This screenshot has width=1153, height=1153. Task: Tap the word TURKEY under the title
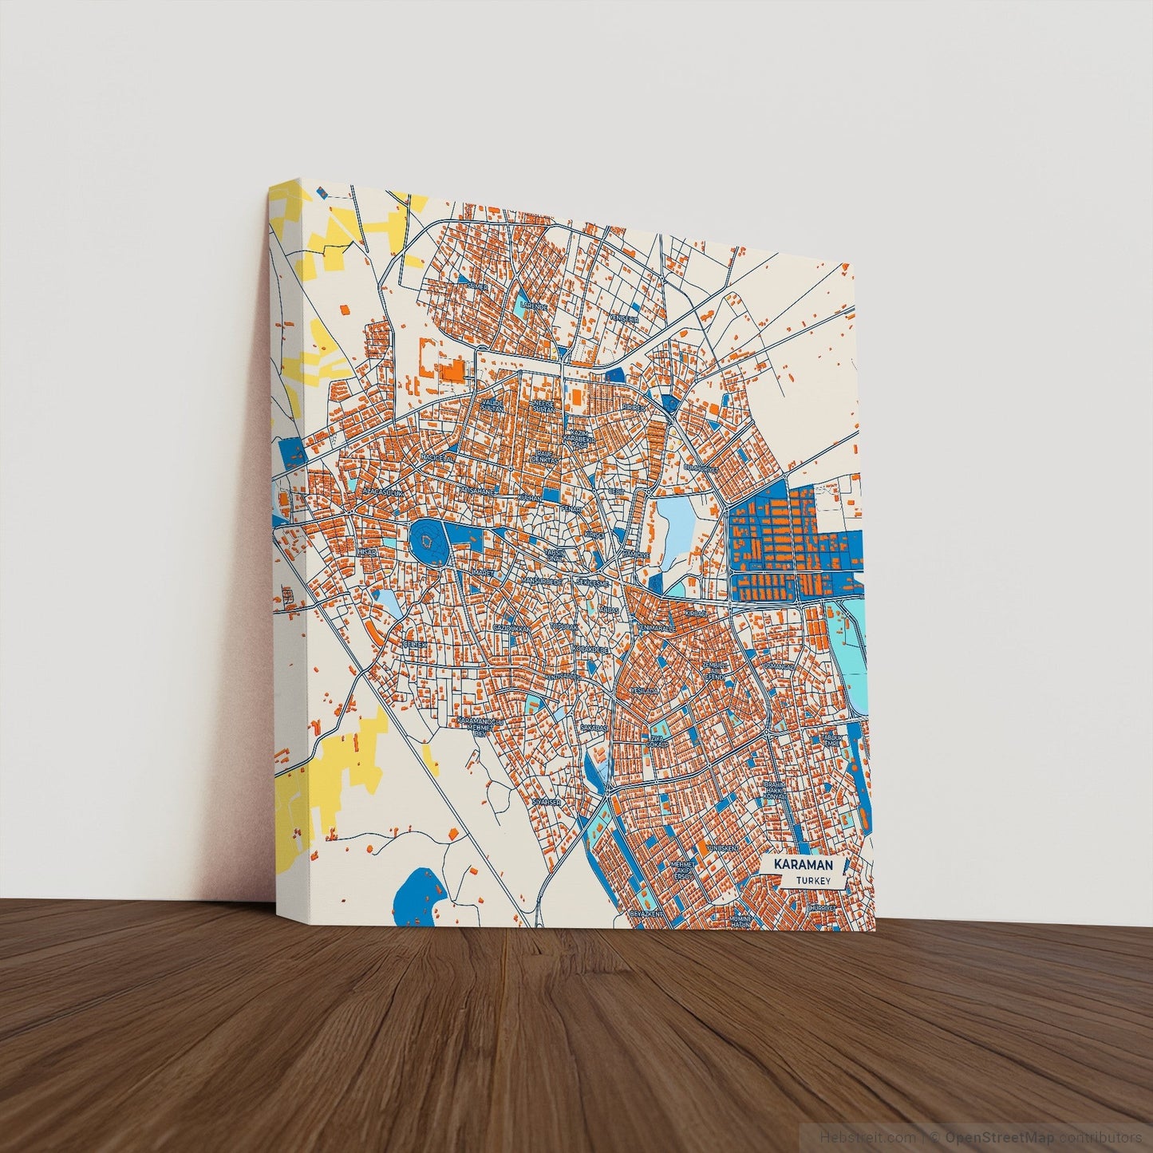click(x=812, y=881)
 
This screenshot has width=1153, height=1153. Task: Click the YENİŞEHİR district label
click(x=625, y=318)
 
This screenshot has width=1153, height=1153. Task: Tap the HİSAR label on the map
click(x=366, y=551)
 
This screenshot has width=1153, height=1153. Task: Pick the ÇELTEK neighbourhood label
click(x=416, y=643)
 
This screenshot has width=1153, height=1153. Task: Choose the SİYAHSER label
click(x=547, y=800)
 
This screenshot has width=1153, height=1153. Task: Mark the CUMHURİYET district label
click(x=700, y=468)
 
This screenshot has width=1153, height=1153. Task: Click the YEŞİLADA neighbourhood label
click(x=643, y=689)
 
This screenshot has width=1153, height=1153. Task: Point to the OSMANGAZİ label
click(x=779, y=665)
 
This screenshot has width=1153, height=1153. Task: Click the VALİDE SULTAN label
click(x=494, y=407)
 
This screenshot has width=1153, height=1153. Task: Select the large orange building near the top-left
click(x=452, y=371)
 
